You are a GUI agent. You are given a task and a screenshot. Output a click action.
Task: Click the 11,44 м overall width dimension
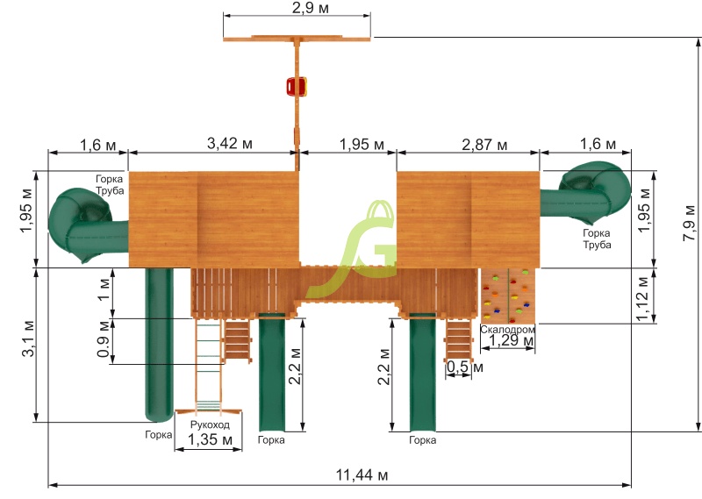tap(362, 474)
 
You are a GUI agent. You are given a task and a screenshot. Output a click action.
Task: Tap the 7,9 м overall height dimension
tap(690, 223)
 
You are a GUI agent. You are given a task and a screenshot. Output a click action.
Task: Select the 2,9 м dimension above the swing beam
tap(311, 8)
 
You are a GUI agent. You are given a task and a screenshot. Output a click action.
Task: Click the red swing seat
tap(297, 86)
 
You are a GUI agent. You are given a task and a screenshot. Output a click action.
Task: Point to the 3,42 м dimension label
tap(230, 143)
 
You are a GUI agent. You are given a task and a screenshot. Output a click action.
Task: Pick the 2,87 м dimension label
tap(484, 145)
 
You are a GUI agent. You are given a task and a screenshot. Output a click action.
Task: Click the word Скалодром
tap(507, 330)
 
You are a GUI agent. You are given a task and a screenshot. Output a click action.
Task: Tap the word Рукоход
tap(210, 424)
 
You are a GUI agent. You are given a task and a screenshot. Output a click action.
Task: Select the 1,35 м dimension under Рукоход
tap(210, 439)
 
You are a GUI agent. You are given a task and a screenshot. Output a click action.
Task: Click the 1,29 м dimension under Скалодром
tap(511, 340)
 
